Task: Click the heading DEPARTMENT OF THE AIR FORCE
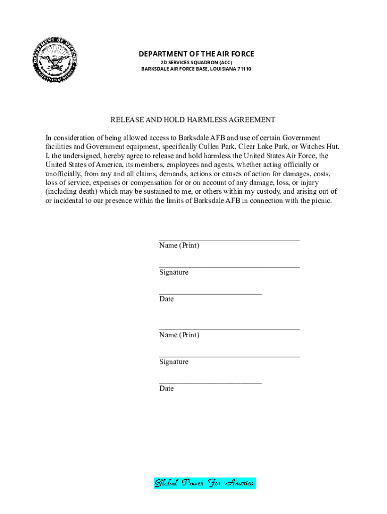coord(197,54)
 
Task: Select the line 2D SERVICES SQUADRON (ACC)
coord(197,62)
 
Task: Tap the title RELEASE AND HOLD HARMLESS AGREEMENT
coord(193,119)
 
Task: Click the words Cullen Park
coord(238,147)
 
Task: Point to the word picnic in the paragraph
coord(320,201)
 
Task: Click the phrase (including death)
coord(71,192)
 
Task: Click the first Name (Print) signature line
coord(229,239)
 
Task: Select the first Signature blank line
coord(229,267)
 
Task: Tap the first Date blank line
coord(211,293)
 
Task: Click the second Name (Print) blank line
coord(229,329)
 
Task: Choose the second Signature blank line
coord(229,356)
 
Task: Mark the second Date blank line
coord(211,382)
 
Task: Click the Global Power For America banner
coord(205,483)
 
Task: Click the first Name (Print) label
coord(179,245)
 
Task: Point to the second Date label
coord(166,389)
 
